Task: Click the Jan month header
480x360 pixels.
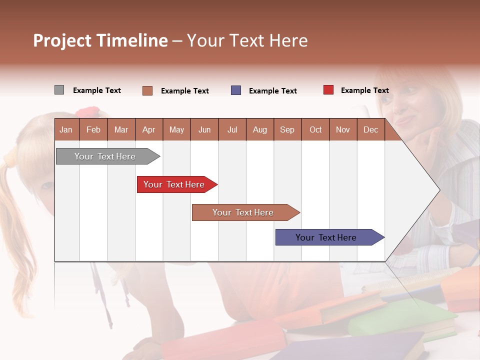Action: pyautogui.click(x=66, y=129)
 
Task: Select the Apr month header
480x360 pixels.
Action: pyautogui.click(x=148, y=129)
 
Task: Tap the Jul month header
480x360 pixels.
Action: pyautogui.click(x=232, y=129)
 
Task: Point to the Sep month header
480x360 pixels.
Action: pyautogui.click(x=287, y=129)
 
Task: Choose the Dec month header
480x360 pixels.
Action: pyautogui.click(x=370, y=129)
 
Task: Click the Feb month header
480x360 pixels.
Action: pyautogui.click(x=93, y=129)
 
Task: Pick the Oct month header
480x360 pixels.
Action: pyautogui.click(x=315, y=129)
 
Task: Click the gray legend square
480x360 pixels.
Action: pyautogui.click(x=59, y=90)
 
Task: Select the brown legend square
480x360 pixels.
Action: pyautogui.click(x=147, y=90)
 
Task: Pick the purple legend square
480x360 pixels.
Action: pyautogui.click(x=236, y=90)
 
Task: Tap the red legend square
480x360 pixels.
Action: pyautogui.click(x=328, y=90)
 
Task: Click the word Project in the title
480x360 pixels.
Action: pyautogui.click(x=62, y=40)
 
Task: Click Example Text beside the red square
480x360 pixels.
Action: pyautogui.click(x=364, y=90)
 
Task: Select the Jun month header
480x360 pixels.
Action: pyautogui.click(x=204, y=129)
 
